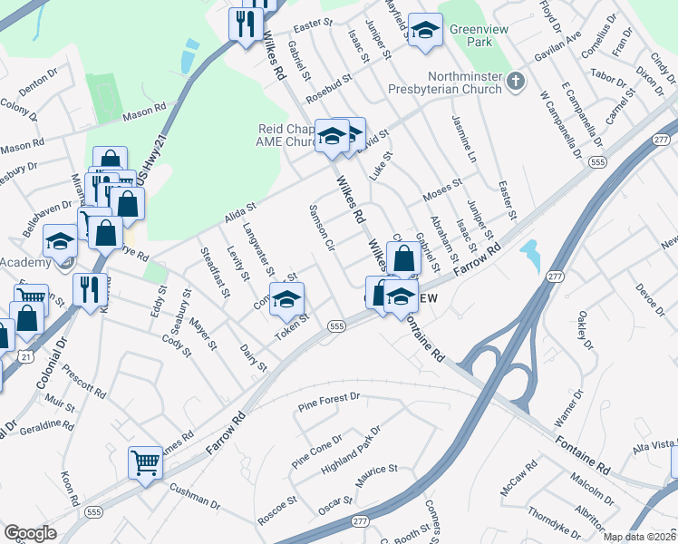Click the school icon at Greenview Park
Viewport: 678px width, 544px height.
(x=424, y=30)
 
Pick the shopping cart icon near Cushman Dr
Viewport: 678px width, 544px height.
(x=145, y=464)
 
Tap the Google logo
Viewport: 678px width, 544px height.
(x=30, y=533)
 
